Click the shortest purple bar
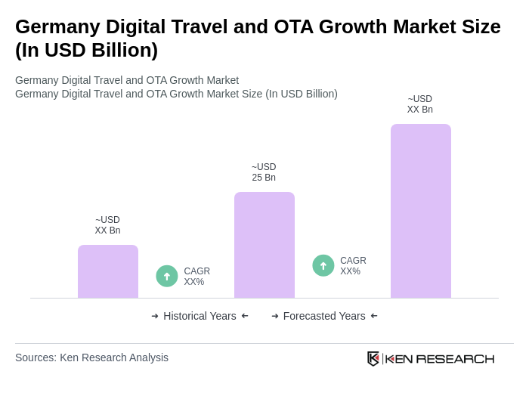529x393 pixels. click(x=108, y=271)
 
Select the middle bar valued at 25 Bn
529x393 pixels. click(x=264, y=245)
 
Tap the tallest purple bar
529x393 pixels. click(x=420, y=211)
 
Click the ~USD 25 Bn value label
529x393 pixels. click(x=264, y=172)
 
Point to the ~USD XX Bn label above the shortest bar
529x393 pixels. click(x=107, y=225)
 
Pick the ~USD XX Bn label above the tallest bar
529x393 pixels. click(x=419, y=104)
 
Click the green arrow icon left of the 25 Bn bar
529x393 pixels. click(x=167, y=276)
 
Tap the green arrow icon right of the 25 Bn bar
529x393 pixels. click(x=323, y=265)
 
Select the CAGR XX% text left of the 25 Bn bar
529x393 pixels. click(x=196, y=277)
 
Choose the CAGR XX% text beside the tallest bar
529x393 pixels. click(x=353, y=266)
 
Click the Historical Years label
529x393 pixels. click(x=200, y=316)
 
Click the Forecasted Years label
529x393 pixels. click(x=324, y=316)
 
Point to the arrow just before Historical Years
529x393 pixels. click(x=155, y=316)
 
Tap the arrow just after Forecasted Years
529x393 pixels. click(x=374, y=316)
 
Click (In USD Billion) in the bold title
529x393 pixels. click(x=86, y=50)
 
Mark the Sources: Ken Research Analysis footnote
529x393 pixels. click(x=91, y=357)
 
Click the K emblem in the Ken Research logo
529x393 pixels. click(x=373, y=358)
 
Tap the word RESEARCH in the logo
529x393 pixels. click(x=455, y=358)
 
